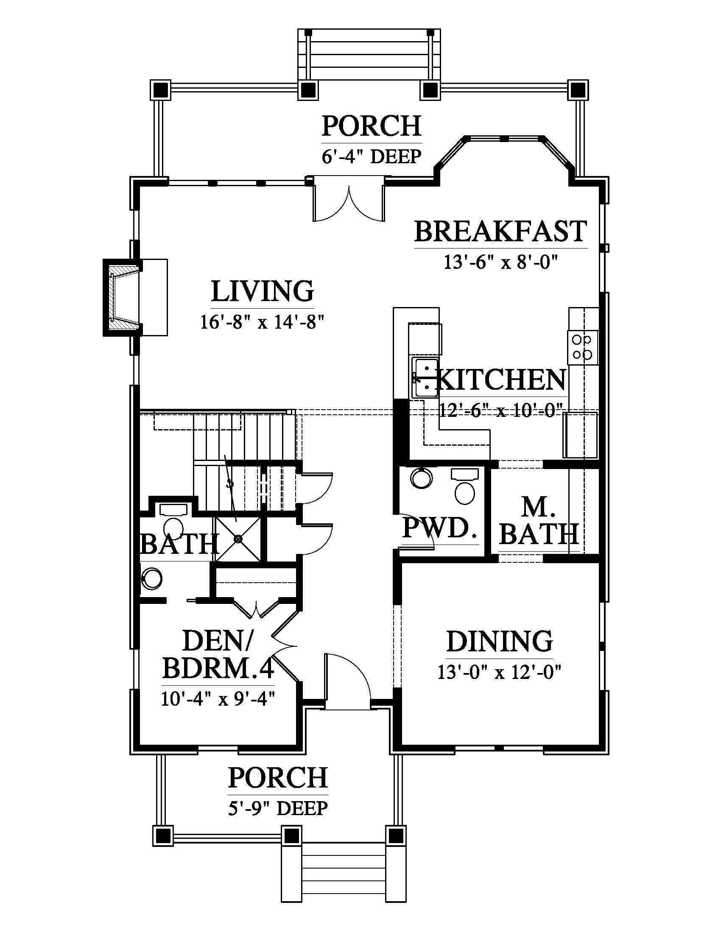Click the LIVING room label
tap(263, 291)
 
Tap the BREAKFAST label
tap(500, 232)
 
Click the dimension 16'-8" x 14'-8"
tap(263, 322)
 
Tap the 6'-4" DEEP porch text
tap(372, 156)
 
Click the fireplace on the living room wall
tap(122, 297)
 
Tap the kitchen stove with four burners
tap(583, 347)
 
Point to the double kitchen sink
tap(425, 378)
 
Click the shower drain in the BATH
tap(238, 539)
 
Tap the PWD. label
tap(439, 528)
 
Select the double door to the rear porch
tap(349, 199)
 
